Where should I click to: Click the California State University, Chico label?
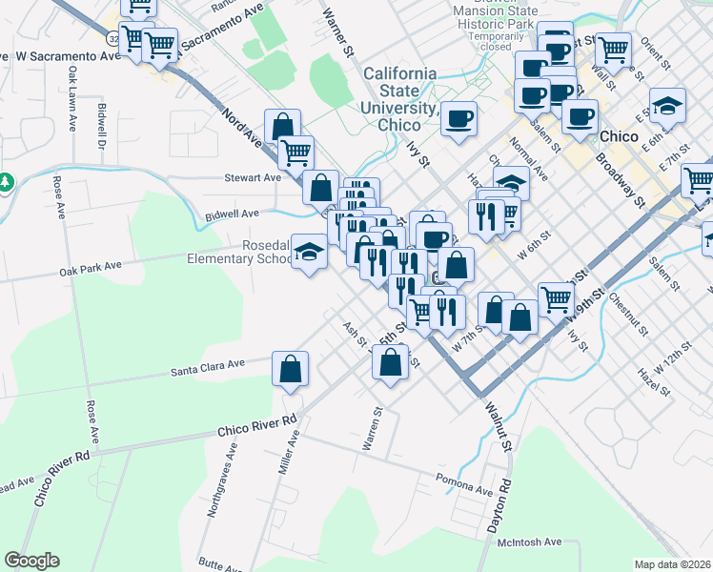coord(399,99)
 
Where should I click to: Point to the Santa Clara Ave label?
coord(209,366)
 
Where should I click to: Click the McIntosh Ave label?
coord(530,542)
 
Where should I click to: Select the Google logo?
coord(31,561)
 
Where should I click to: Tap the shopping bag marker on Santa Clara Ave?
coord(291,369)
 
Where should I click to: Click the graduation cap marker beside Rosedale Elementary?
coord(309,252)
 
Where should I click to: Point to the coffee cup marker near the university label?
coord(459,118)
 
